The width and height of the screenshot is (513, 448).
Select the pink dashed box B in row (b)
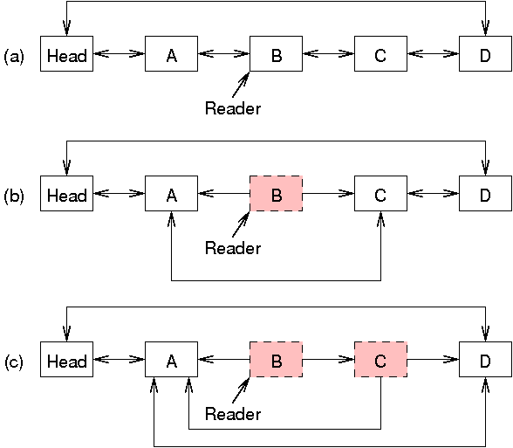(x=276, y=194)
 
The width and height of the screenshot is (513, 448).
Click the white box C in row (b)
(x=380, y=194)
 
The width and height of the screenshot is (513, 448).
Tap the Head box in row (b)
(x=66, y=194)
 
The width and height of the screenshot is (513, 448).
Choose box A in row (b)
(x=171, y=194)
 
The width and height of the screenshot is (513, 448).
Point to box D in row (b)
(x=485, y=194)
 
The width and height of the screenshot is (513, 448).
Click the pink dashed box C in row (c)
(x=380, y=360)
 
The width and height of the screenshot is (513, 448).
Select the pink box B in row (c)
(x=276, y=360)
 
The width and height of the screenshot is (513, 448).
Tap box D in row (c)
(x=485, y=360)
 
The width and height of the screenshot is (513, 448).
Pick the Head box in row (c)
(x=66, y=360)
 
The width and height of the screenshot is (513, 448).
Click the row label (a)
(x=14, y=56)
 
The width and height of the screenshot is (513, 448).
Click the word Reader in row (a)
(x=232, y=108)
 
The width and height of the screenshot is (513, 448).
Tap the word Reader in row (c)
(x=232, y=414)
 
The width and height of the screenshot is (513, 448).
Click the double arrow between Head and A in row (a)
(x=119, y=54)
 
